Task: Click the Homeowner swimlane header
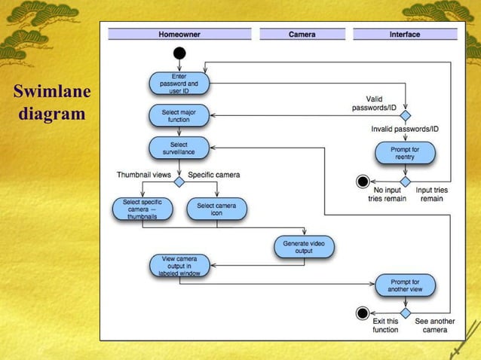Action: [179, 34]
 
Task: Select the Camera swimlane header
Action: [302, 34]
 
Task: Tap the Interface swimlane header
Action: [405, 34]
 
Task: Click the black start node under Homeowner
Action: [179, 53]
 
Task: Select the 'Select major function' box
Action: [179, 116]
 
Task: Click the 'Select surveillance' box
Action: [179, 147]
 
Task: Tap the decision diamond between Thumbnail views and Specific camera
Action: [179, 182]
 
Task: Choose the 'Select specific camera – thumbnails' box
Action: [142, 209]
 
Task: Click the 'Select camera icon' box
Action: [216, 209]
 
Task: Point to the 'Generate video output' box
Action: [303, 246]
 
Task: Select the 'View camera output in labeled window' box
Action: [179, 265]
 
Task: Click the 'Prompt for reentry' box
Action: [405, 153]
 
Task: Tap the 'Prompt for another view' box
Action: [405, 285]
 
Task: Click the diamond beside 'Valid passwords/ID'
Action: [405, 115]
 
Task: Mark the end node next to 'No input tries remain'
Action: [363, 182]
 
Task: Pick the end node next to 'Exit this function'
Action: [363, 313]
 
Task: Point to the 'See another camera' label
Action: [435, 325]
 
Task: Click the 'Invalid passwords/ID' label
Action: [405, 130]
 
